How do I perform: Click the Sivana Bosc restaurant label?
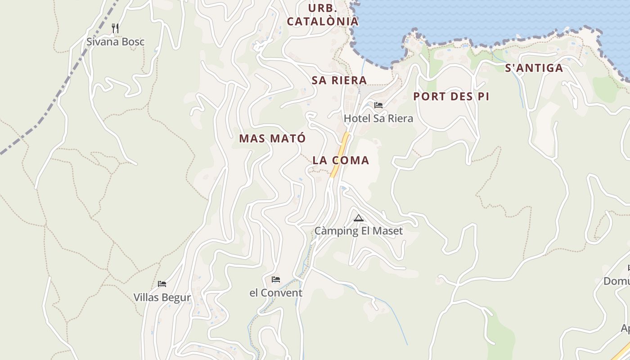[x=116, y=42]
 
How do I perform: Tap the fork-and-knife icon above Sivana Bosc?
[x=115, y=28]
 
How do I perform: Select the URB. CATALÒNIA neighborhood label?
[x=323, y=15]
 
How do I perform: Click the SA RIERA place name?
[x=339, y=80]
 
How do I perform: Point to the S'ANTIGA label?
[x=534, y=68]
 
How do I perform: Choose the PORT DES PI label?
[x=451, y=96]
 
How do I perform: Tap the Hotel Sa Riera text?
[x=378, y=118]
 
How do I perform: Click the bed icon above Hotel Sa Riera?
[x=378, y=105]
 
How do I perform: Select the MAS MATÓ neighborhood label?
[x=272, y=139]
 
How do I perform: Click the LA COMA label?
[x=341, y=160]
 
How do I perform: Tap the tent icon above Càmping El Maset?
[x=358, y=218]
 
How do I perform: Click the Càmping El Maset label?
[x=358, y=231]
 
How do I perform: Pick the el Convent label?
[x=276, y=293]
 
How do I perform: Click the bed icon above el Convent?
[x=276, y=279]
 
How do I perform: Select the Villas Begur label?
[x=162, y=297]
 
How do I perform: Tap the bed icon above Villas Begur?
[x=162, y=284]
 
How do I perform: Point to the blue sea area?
[x=472, y=18]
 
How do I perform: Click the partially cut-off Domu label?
[x=616, y=281]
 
